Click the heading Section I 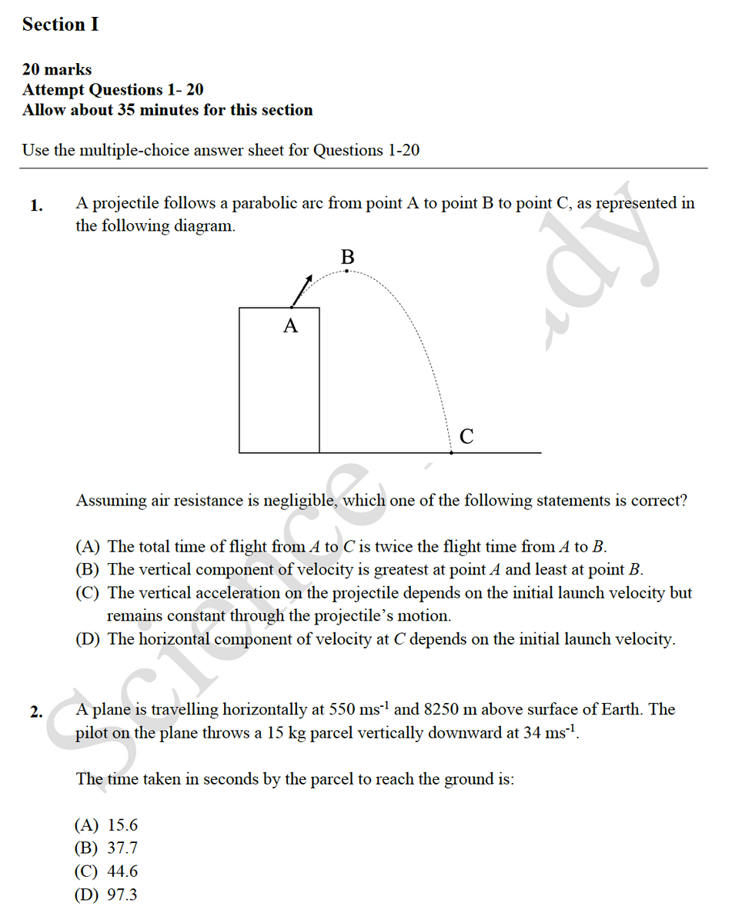[x=60, y=25]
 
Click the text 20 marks [x=57, y=70]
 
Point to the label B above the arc [x=347, y=255]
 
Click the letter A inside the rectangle [x=290, y=326]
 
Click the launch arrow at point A [x=302, y=289]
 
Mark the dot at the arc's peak [x=347, y=270]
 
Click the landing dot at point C [x=451, y=453]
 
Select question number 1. [x=36, y=205]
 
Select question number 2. [x=36, y=711]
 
